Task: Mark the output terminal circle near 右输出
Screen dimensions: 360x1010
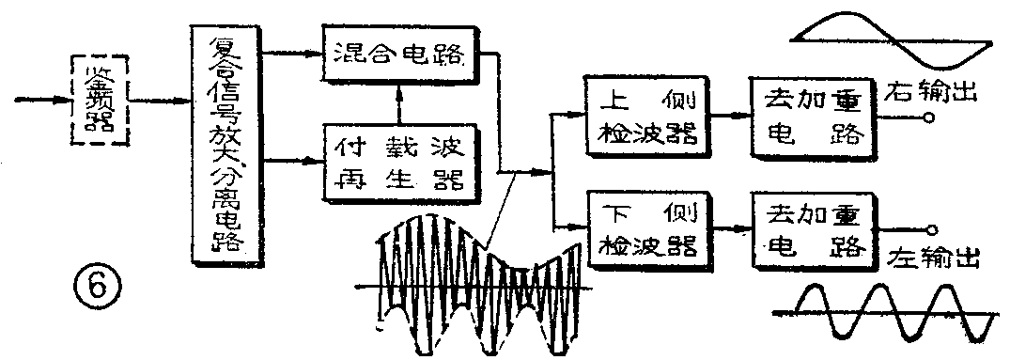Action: (929, 117)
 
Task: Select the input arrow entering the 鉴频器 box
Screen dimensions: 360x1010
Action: (42, 98)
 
